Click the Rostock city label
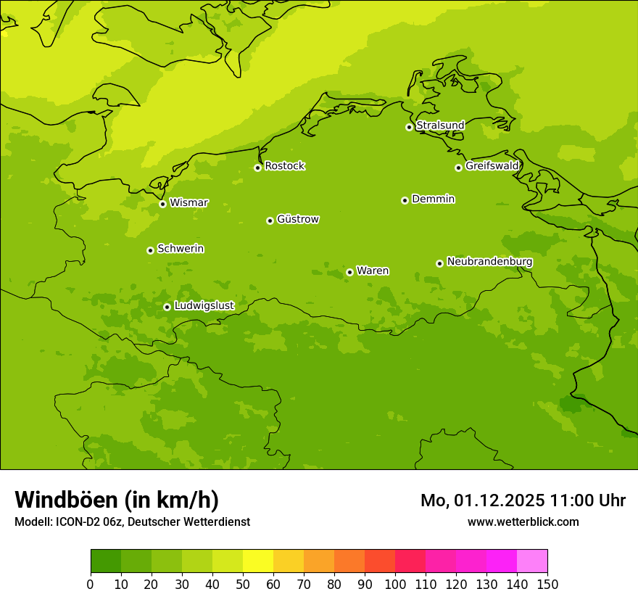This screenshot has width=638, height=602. pos(284,166)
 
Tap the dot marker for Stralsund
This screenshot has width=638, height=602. pos(409,127)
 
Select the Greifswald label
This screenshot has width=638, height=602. pos(492,166)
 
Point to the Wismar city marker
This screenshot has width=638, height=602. pos(162,204)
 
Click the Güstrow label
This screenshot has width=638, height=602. pos(298,219)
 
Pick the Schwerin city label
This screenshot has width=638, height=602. pos(181,249)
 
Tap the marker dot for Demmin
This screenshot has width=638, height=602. pos(405,200)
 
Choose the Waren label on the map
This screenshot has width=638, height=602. pos(373,271)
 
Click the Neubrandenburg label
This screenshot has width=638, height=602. pos(489,262)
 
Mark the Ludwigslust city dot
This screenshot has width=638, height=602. pos(167,307)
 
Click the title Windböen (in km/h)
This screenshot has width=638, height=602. pos(117,500)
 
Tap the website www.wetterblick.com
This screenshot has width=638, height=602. pos(523,521)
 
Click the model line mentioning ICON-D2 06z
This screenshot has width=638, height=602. pos(132,521)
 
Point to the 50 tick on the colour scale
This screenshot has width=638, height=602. pos(243,585)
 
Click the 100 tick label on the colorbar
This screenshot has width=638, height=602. pos(395,585)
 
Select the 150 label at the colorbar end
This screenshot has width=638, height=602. pos(547,585)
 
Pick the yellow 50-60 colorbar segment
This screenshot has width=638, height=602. pos(258,561)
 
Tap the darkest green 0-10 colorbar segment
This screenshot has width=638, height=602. pos(106,561)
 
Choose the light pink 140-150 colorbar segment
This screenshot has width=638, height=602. pos(532,561)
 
